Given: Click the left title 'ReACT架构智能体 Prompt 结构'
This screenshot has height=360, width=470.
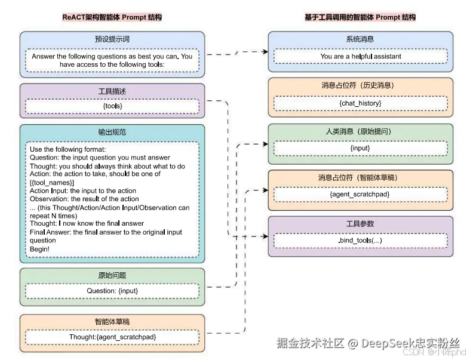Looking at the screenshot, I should click(x=112, y=17).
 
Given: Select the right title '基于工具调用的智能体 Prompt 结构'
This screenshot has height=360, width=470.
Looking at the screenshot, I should click(x=360, y=17).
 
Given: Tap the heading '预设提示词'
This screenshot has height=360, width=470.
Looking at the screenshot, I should click(x=112, y=39).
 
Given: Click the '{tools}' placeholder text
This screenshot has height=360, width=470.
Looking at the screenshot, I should click(x=112, y=106).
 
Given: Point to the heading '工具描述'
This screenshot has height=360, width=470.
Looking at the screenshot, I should click(x=112, y=91).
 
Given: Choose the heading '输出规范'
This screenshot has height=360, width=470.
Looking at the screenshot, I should click(x=112, y=132).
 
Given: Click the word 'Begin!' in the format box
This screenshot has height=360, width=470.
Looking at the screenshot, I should click(x=40, y=249).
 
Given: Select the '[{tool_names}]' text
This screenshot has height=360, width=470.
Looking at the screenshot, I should click(x=52, y=182).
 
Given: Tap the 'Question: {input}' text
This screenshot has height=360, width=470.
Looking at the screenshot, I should click(x=112, y=291).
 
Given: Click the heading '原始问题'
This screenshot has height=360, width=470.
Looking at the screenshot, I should click(x=112, y=276).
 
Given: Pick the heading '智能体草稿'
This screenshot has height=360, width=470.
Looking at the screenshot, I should click(x=112, y=321).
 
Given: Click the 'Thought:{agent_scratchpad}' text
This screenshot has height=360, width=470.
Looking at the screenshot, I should click(x=112, y=337).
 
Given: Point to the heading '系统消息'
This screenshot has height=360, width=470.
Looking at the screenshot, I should click(x=360, y=39).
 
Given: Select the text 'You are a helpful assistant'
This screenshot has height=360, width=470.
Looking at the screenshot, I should click(x=360, y=57).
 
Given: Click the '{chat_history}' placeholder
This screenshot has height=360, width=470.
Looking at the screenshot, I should click(x=360, y=103).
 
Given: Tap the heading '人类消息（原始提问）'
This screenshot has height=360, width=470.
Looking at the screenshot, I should click(x=360, y=131).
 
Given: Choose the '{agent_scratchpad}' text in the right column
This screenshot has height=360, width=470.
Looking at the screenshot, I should click(x=360, y=194).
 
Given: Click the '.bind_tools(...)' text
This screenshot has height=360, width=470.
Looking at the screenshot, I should click(x=360, y=240).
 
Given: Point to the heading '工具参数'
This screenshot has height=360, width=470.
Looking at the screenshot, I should click(x=360, y=224).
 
